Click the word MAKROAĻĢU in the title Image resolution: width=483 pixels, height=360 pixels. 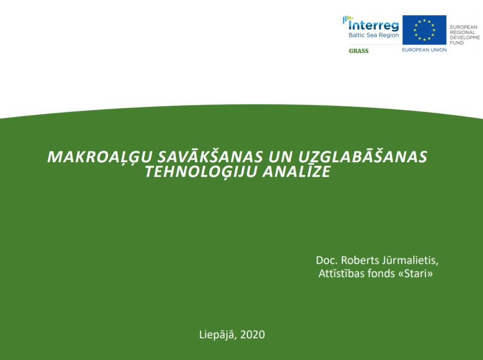[x=100, y=157]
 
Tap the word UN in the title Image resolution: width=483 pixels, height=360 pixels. [x=280, y=157]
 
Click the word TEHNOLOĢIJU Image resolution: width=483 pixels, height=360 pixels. [x=201, y=172]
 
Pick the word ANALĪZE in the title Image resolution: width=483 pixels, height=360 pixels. [x=296, y=171]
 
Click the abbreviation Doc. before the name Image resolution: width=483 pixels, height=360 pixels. [x=327, y=260]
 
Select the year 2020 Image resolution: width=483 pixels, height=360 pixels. [x=252, y=335]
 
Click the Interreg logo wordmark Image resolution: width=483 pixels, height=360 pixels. [x=371, y=24]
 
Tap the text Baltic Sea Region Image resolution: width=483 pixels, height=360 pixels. [x=374, y=35]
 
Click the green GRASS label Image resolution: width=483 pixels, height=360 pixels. [x=358, y=51]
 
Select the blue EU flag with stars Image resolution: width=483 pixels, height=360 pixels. [x=424, y=30]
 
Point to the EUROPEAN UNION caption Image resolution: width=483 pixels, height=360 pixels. [x=424, y=50]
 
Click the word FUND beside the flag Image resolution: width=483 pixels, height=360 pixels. [x=457, y=43]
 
